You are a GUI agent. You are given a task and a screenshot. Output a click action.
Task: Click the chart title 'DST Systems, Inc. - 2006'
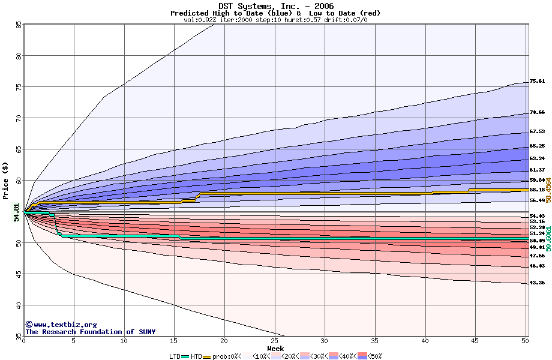click(275, 5)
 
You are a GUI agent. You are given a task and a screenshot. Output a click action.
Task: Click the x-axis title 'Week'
click(275, 348)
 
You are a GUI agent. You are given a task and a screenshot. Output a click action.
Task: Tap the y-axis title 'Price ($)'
click(6, 181)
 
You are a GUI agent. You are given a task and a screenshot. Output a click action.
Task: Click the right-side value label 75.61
click(537, 82)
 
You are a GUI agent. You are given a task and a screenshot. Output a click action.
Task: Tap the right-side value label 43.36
click(537, 283)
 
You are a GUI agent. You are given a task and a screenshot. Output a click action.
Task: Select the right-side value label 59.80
click(537, 180)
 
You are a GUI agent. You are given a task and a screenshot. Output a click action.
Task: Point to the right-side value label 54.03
click(537, 216)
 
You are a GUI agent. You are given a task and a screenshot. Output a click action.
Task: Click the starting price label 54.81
click(16, 212)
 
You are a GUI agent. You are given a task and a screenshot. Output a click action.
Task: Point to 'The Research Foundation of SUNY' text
click(90, 332)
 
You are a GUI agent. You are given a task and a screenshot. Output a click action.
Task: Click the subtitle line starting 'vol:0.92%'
click(275, 20)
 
